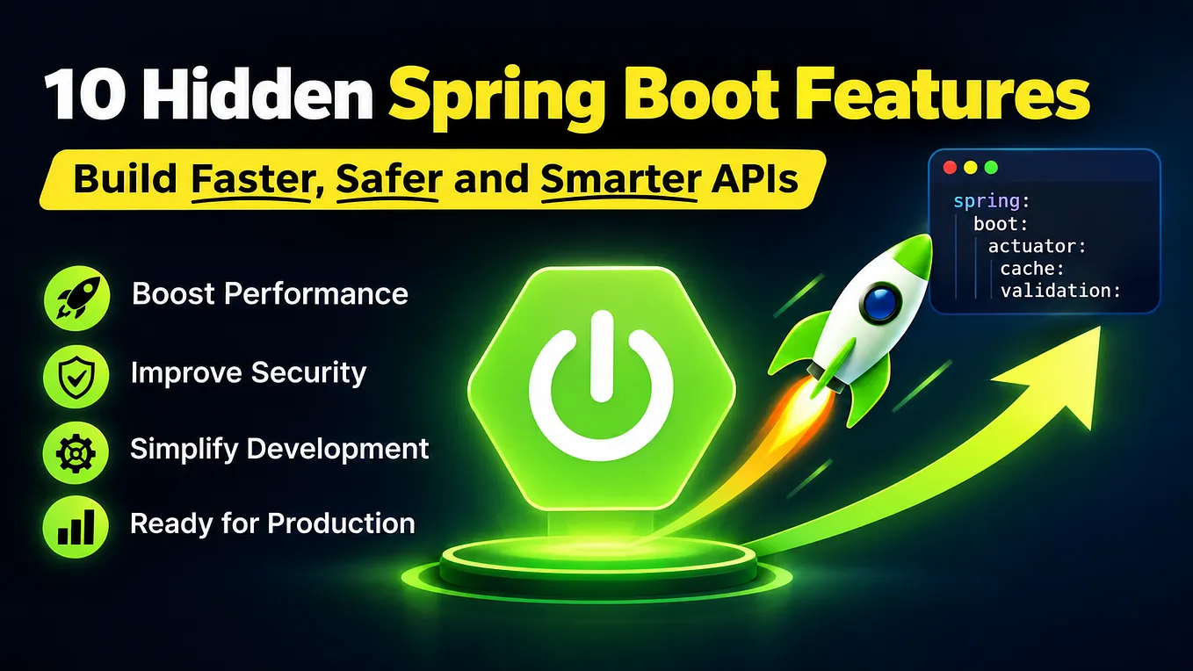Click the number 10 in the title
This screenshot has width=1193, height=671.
point(86,94)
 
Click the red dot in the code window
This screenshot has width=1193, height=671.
point(951,168)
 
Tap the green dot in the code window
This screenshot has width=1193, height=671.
point(991,168)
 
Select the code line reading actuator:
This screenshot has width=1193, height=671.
point(1037,246)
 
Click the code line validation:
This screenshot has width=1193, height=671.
point(1060,291)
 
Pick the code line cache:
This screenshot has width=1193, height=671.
point(1031,269)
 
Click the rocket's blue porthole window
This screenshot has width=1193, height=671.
point(880,303)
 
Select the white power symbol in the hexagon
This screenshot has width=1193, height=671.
point(601,386)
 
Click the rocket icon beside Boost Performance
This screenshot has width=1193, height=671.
point(77,298)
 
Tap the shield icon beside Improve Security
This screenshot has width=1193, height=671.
point(76,375)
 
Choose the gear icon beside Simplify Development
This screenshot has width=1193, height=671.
point(76,452)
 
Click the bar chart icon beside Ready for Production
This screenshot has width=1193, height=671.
point(76,526)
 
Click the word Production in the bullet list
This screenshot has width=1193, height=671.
point(342,523)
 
